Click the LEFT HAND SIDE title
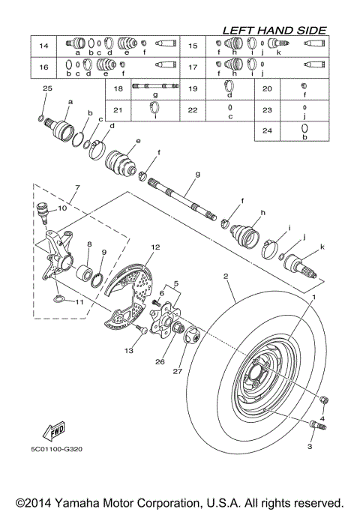pos(274,30)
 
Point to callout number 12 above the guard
pos(155,247)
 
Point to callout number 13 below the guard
pos(129,351)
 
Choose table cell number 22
pos(193,110)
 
